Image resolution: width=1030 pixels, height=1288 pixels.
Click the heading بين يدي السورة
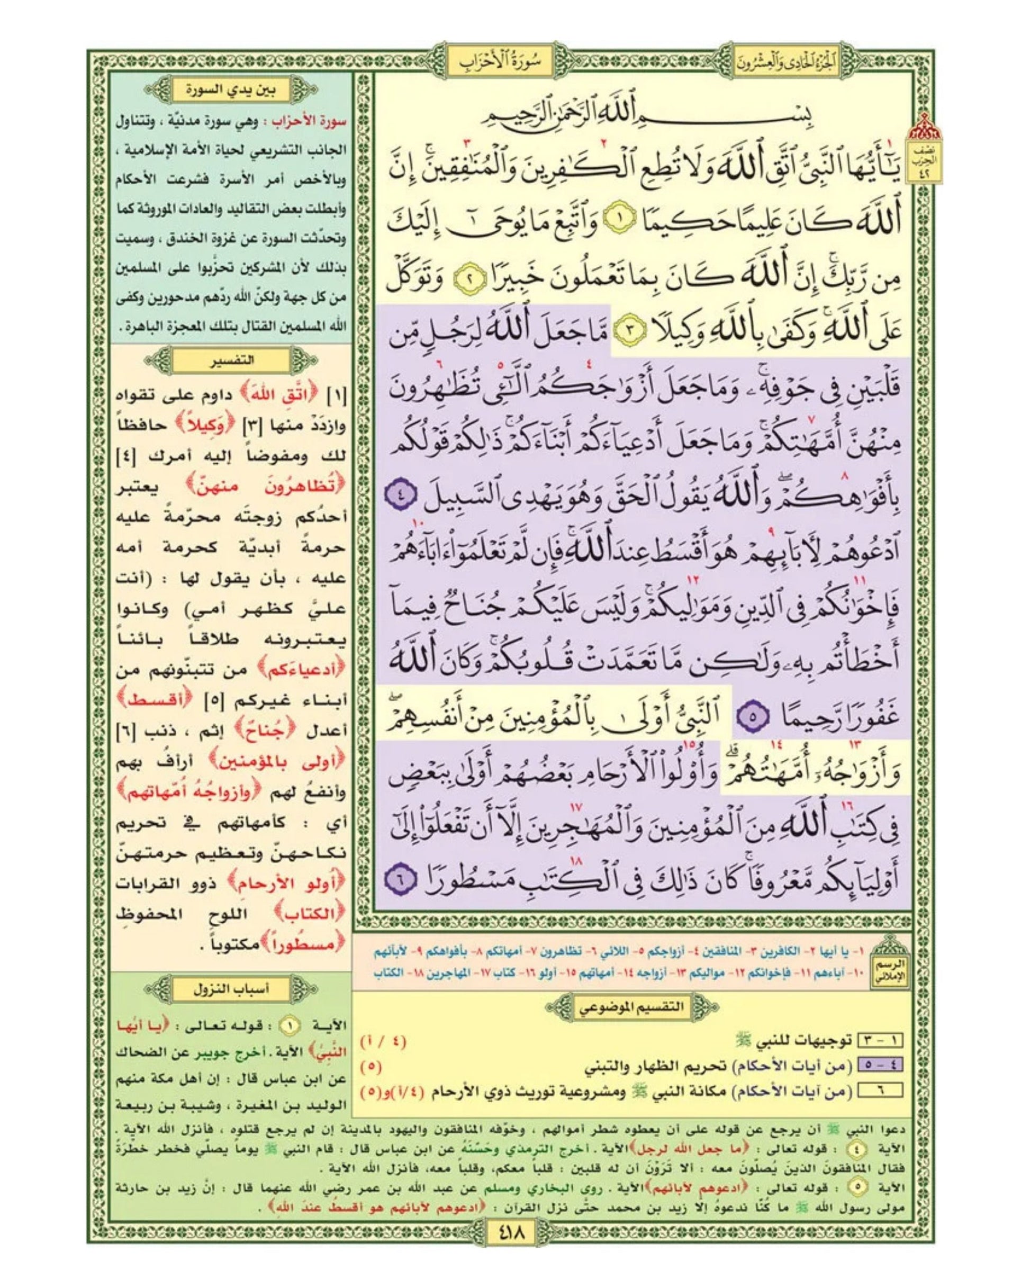pos(229,91)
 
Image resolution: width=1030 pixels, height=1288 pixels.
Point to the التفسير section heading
pos(229,361)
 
